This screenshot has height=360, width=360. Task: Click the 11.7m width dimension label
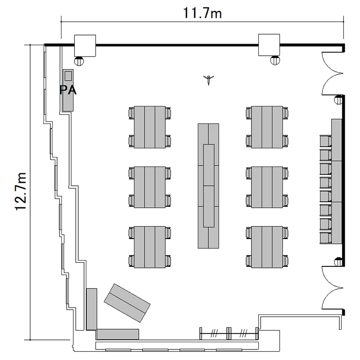pos(202,13)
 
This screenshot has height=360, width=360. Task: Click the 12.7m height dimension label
pos(21,191)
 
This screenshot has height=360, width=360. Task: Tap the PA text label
pos(68,90)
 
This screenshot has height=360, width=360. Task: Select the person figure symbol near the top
pos(208,80)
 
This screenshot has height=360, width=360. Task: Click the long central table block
pos(208,186)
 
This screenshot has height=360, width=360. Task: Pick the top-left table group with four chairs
pos(150,127)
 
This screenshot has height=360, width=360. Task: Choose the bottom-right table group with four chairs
pos(267,247)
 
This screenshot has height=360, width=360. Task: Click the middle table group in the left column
pos(150,187)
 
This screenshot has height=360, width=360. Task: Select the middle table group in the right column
pos(267,187)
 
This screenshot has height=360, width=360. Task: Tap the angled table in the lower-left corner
pos(127,303)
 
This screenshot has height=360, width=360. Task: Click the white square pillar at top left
pos(85,46)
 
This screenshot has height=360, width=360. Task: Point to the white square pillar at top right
pos(269,45)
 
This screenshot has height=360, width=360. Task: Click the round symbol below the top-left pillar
pos(79,61)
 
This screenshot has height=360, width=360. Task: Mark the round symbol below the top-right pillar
pos(275,60)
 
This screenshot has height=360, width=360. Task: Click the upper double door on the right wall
pos(332,73)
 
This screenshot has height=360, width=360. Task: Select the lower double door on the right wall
pos(332,288)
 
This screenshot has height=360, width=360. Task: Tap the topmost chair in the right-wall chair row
pos(325,141)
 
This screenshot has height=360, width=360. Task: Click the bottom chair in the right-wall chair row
pos(325,238)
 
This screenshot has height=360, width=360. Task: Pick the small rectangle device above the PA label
pos(68,76)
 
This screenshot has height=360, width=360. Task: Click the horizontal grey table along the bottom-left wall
pos(118,334)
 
